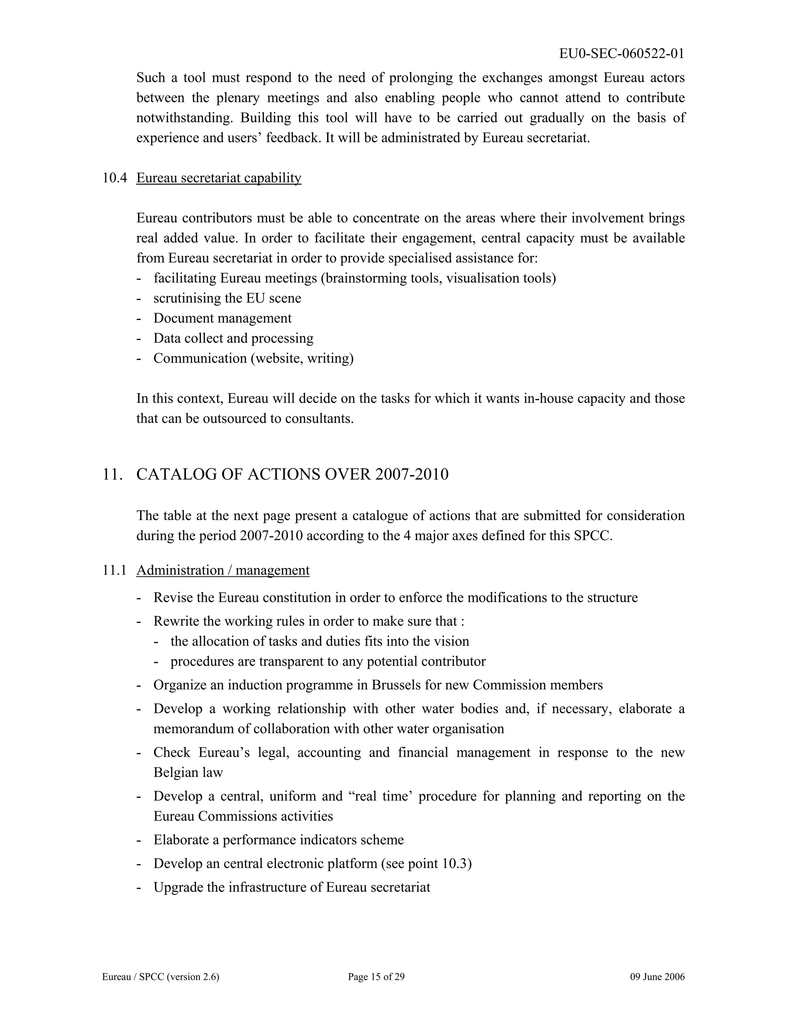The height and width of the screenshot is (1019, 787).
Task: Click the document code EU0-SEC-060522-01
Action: [621, 54]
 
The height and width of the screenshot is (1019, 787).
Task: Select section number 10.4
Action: [115, 178]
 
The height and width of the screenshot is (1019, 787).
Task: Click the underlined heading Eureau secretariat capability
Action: [219, 178]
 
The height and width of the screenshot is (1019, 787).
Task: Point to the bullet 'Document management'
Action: [222, 318]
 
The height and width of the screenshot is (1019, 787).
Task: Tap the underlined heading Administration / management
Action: [223, 571]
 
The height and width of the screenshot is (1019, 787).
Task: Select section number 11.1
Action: [115, 571]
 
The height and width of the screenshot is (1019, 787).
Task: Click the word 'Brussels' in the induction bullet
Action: [398, 685]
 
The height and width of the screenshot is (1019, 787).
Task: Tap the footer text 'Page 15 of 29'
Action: [376, 977]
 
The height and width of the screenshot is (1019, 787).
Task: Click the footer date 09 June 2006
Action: [657, 977]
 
